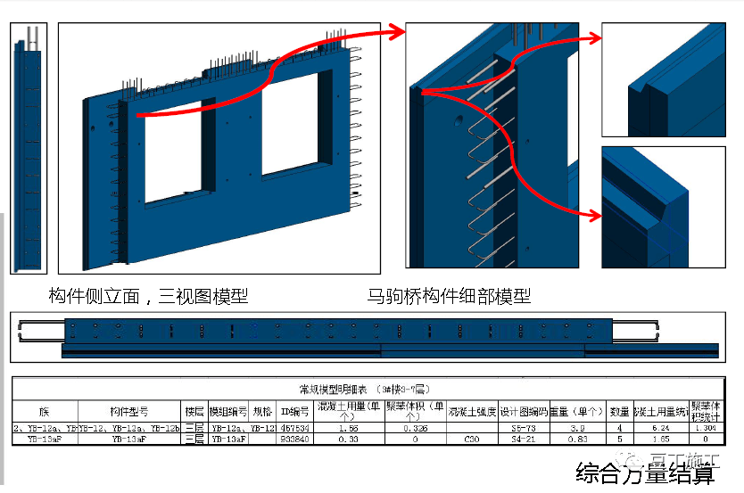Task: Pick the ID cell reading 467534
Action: point(294,428)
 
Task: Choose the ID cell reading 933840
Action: point(294,439)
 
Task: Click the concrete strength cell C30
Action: point(472,439)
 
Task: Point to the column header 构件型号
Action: point(129,412)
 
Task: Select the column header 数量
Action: point(620,412)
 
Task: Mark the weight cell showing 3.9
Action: point(577,428)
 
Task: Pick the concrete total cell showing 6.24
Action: point(662,428)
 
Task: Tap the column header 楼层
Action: point(194,412)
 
